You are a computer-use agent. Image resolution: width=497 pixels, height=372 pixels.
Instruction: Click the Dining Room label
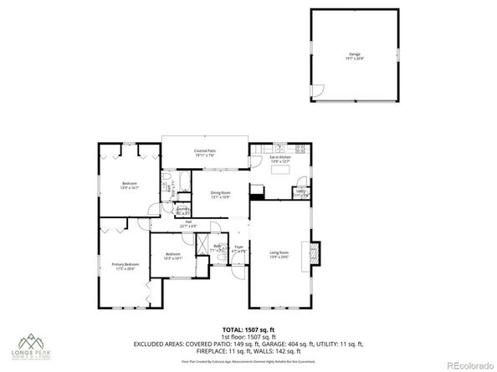coord(220,195)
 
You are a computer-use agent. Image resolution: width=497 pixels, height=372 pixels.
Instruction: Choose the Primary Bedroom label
coord(126,266)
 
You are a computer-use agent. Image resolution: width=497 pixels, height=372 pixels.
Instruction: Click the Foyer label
coord(238,247)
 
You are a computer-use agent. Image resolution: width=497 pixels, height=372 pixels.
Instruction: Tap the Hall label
coord(187,223)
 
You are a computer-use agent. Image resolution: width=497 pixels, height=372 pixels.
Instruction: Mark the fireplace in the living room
coord(315,253)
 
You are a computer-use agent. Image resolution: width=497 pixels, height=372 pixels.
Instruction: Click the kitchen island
coord(281,171)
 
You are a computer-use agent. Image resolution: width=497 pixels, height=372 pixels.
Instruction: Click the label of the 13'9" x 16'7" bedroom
coord(129,185)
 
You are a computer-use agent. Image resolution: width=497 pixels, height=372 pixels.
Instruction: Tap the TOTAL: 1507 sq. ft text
coord(248,329)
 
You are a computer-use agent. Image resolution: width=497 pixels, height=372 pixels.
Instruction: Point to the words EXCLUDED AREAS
coord(161,344)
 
